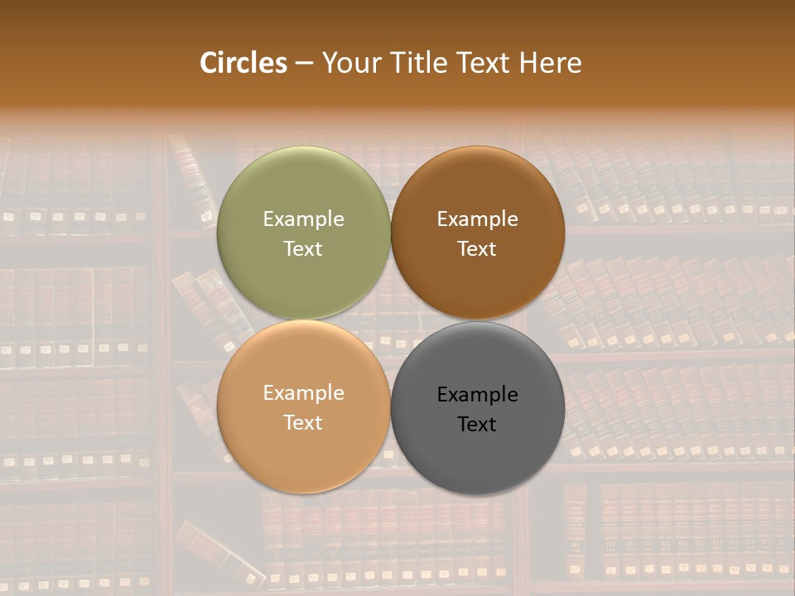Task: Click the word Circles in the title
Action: pyautogui.click(x=243, y=63)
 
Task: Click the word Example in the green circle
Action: pyautogui.click(x=303, y=219)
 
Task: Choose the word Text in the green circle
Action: pyautogui.click(x=303, y=249)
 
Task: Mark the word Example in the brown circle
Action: pyautogui.click(x=477, y=219)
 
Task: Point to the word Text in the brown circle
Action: pyautogui.click(x=477, y=249)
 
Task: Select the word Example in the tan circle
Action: pyautogui.click(x=303, y=393)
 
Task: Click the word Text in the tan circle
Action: pyautogui.click(x=303, y=423)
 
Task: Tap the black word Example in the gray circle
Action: pyautogui.click(x=477, y=395)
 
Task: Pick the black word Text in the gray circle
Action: pyautogui.click(x=477, y=425)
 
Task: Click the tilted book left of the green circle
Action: pyautogui.click(x=192, y=178)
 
